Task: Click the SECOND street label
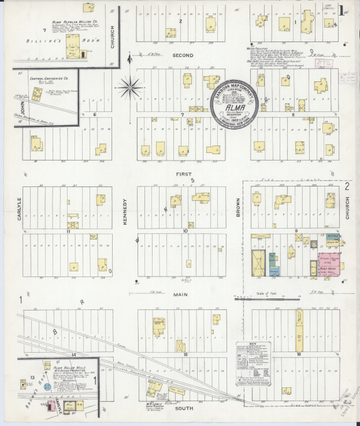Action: (x=182, y=54)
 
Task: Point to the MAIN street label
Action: (x=181, y=294)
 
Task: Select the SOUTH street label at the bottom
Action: (x=181, y=408)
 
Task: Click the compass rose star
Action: (x=130, y=88)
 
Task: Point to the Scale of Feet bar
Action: (x=278, y=299)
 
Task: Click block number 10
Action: (x=185, y=231)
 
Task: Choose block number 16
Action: (x=299, y=353)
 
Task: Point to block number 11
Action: (x=68, y=231)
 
